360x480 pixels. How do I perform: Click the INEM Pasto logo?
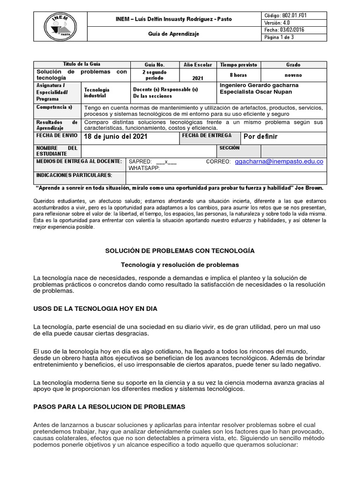point(59,26)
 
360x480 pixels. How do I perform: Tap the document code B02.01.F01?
point(286,15)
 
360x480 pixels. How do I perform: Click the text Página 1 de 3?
point(279,37)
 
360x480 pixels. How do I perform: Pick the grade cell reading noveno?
point(293,75)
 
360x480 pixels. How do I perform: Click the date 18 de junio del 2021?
point(115,137)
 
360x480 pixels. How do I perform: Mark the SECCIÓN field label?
point(229,148)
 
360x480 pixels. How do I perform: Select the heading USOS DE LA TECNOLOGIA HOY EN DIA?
point(96,309)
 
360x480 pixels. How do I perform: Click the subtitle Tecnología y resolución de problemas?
point(180,264)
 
